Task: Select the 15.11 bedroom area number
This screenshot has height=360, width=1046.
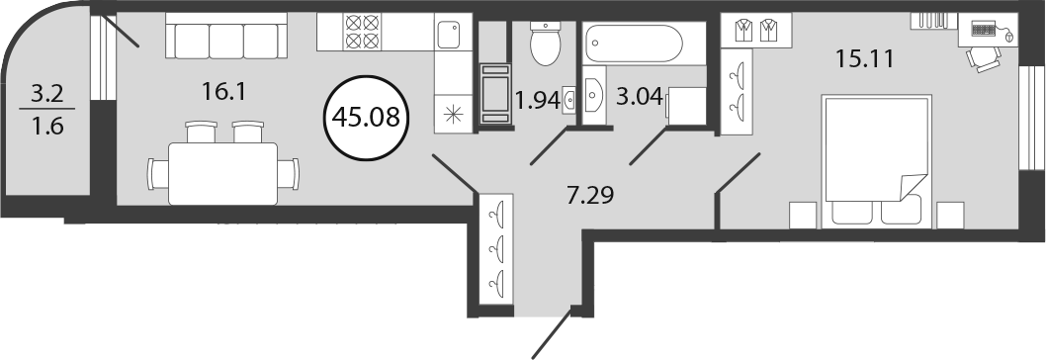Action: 864,59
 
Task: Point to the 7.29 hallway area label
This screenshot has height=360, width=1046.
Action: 587,196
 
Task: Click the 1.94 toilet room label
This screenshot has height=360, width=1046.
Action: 537,102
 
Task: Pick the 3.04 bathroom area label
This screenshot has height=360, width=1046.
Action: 641,99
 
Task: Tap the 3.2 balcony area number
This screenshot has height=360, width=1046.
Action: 48,94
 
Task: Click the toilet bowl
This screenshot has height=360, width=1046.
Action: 546,44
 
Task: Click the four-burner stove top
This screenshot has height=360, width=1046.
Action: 362,32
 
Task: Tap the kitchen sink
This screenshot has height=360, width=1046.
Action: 449,34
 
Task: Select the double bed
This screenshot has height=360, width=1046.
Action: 876,161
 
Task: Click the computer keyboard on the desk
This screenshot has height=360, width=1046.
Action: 984,28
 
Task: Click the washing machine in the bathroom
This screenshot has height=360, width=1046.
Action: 686,106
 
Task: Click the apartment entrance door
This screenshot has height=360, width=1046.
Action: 553,332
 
